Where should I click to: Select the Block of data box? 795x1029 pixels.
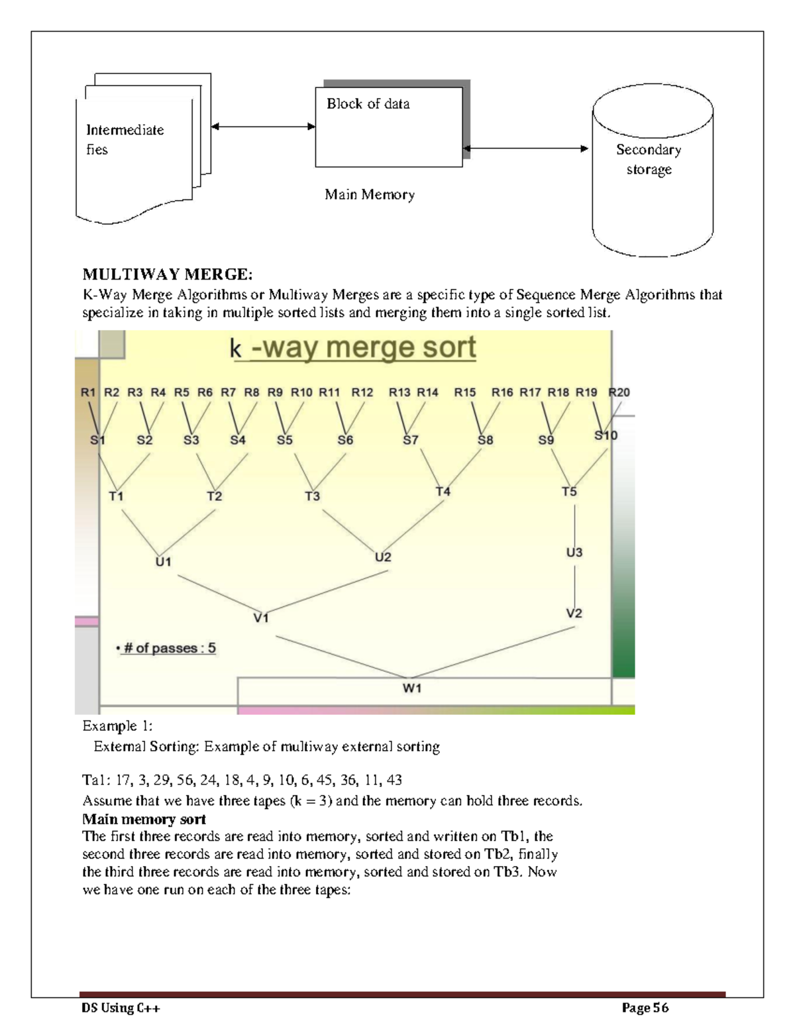388,127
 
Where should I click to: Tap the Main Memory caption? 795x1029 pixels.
369,195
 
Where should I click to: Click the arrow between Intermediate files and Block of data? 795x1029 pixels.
263,127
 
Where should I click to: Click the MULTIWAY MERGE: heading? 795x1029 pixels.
167,274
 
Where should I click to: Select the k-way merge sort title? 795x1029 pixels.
353,348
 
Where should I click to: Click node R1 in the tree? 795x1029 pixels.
88,392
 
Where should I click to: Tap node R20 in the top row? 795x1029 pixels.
619,392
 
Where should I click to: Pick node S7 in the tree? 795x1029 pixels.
411,440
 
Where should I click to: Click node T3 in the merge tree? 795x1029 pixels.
312,496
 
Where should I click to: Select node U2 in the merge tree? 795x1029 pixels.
383,557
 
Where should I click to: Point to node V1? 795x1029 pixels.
261,618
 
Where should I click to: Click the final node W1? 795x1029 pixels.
412,688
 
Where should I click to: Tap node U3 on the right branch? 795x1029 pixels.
574,553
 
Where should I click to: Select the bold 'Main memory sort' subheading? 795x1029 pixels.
144,819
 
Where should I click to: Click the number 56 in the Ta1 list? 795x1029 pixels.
185,780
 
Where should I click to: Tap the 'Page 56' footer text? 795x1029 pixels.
645,1008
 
